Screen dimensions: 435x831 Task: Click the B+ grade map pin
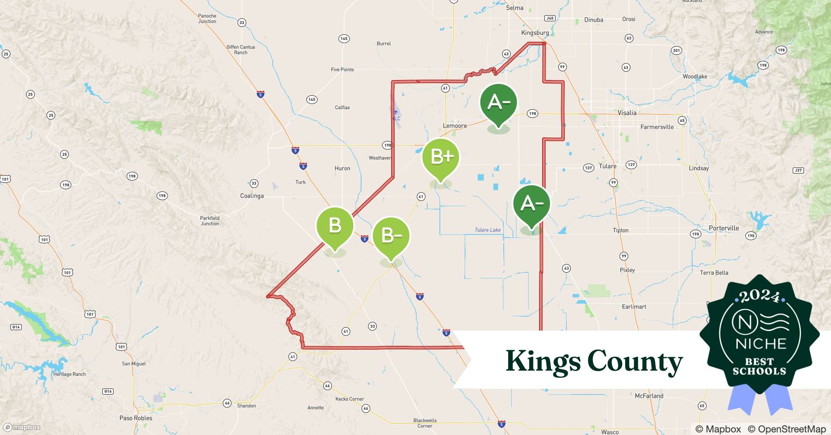pos(441,157)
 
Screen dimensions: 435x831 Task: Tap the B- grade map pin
pos(391,236)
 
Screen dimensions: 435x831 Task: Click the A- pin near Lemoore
pos(498,103)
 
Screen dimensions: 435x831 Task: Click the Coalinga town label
pos(252,196)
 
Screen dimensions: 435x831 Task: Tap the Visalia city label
pos(627,113)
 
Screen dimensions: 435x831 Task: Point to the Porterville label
pos(724,228)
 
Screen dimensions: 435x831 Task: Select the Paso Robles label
pos(136,418)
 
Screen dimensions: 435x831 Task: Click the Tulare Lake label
pos(487,230)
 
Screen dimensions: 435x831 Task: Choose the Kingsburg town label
pos(535,33)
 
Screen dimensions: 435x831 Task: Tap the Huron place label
pos(342,168)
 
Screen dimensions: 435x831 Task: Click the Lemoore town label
pos(455,126)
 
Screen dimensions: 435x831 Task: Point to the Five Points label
pos(342,70)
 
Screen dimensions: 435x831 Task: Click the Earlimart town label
pos(634,307)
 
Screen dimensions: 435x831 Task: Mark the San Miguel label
pos(134,364)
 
